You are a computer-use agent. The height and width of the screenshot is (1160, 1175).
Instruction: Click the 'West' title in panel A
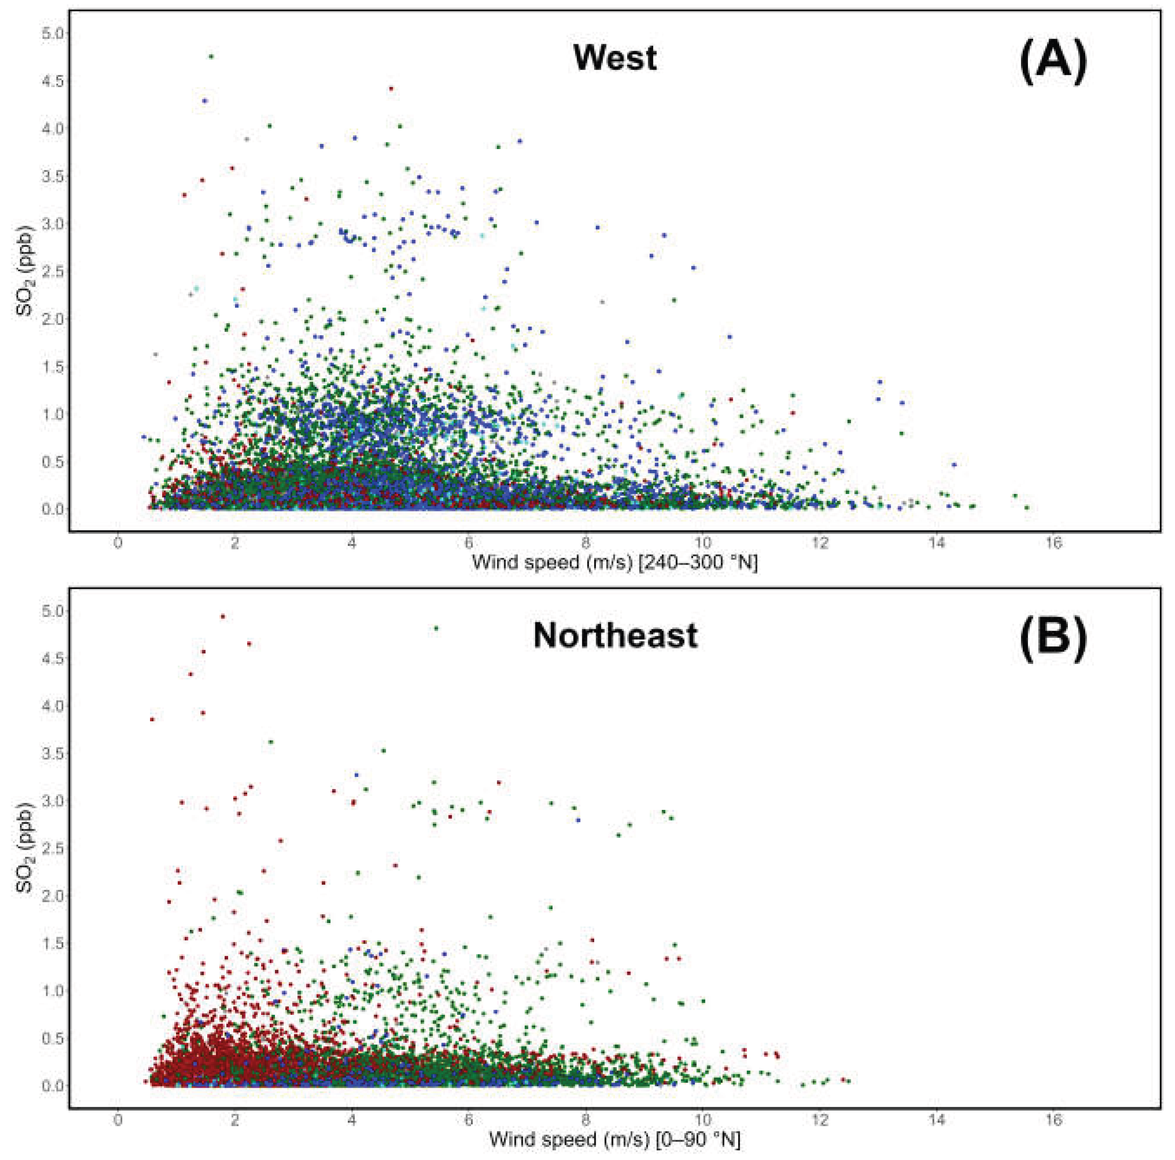tap(615, 58)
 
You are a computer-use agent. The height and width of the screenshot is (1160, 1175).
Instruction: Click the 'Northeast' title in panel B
tap(615, 636)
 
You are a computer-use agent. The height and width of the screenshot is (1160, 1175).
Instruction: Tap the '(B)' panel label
tap(1053, 641)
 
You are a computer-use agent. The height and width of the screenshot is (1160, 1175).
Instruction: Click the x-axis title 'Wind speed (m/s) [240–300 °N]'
tap(615, 562)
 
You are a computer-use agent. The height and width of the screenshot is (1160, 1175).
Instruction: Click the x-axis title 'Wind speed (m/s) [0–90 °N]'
tap(615, 1140)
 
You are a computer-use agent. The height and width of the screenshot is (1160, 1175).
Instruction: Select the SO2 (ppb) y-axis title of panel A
tap(26, 272)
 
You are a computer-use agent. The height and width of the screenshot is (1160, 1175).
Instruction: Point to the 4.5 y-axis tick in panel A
tap(51, 81)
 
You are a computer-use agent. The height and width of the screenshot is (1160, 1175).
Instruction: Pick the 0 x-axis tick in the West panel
tap(118, 543)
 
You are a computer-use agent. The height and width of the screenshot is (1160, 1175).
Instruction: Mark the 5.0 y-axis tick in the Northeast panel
tap(51, 611)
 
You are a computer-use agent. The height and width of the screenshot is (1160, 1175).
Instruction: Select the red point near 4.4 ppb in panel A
tap(391, 89)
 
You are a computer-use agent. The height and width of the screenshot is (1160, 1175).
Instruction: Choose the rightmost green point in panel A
tap(1027, 507)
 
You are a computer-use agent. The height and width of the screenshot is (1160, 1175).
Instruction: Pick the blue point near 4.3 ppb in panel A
tap(205, 101)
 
